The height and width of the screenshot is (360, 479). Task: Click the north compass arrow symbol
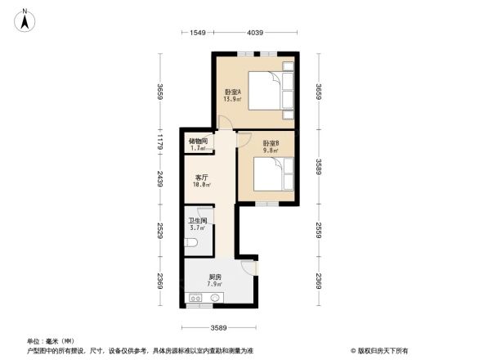click(26, 19)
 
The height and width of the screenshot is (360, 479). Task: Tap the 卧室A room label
click(231, 92)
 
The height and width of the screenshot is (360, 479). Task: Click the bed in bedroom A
click(268, 90)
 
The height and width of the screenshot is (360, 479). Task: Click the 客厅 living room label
click(200, 178)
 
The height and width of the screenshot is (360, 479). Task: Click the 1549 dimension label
click(196, 33)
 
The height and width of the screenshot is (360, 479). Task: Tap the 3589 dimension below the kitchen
click(217, 328)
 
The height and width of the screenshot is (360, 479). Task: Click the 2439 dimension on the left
click(162, 178)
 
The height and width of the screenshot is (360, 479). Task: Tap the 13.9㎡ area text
click(231, 99)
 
